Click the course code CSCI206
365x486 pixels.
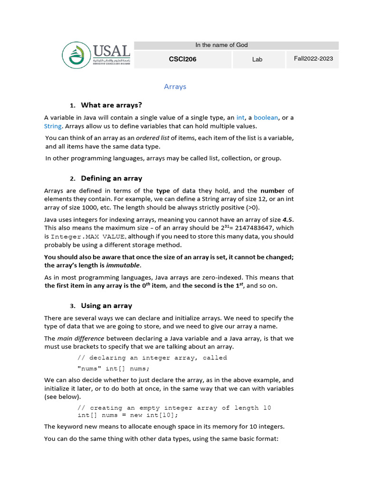click(182, 59)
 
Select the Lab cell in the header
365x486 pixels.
click(257, 59)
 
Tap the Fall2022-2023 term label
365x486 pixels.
click(313, 59)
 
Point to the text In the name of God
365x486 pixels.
click(221, 45)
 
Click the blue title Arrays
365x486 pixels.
click(175, 87)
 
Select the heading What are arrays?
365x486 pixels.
click(111, 105)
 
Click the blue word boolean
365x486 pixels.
click(266, 118)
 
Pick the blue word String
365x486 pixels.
click(53, 126)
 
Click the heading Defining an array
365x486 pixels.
click(111, 178)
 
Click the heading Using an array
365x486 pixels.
click(106, 306)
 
